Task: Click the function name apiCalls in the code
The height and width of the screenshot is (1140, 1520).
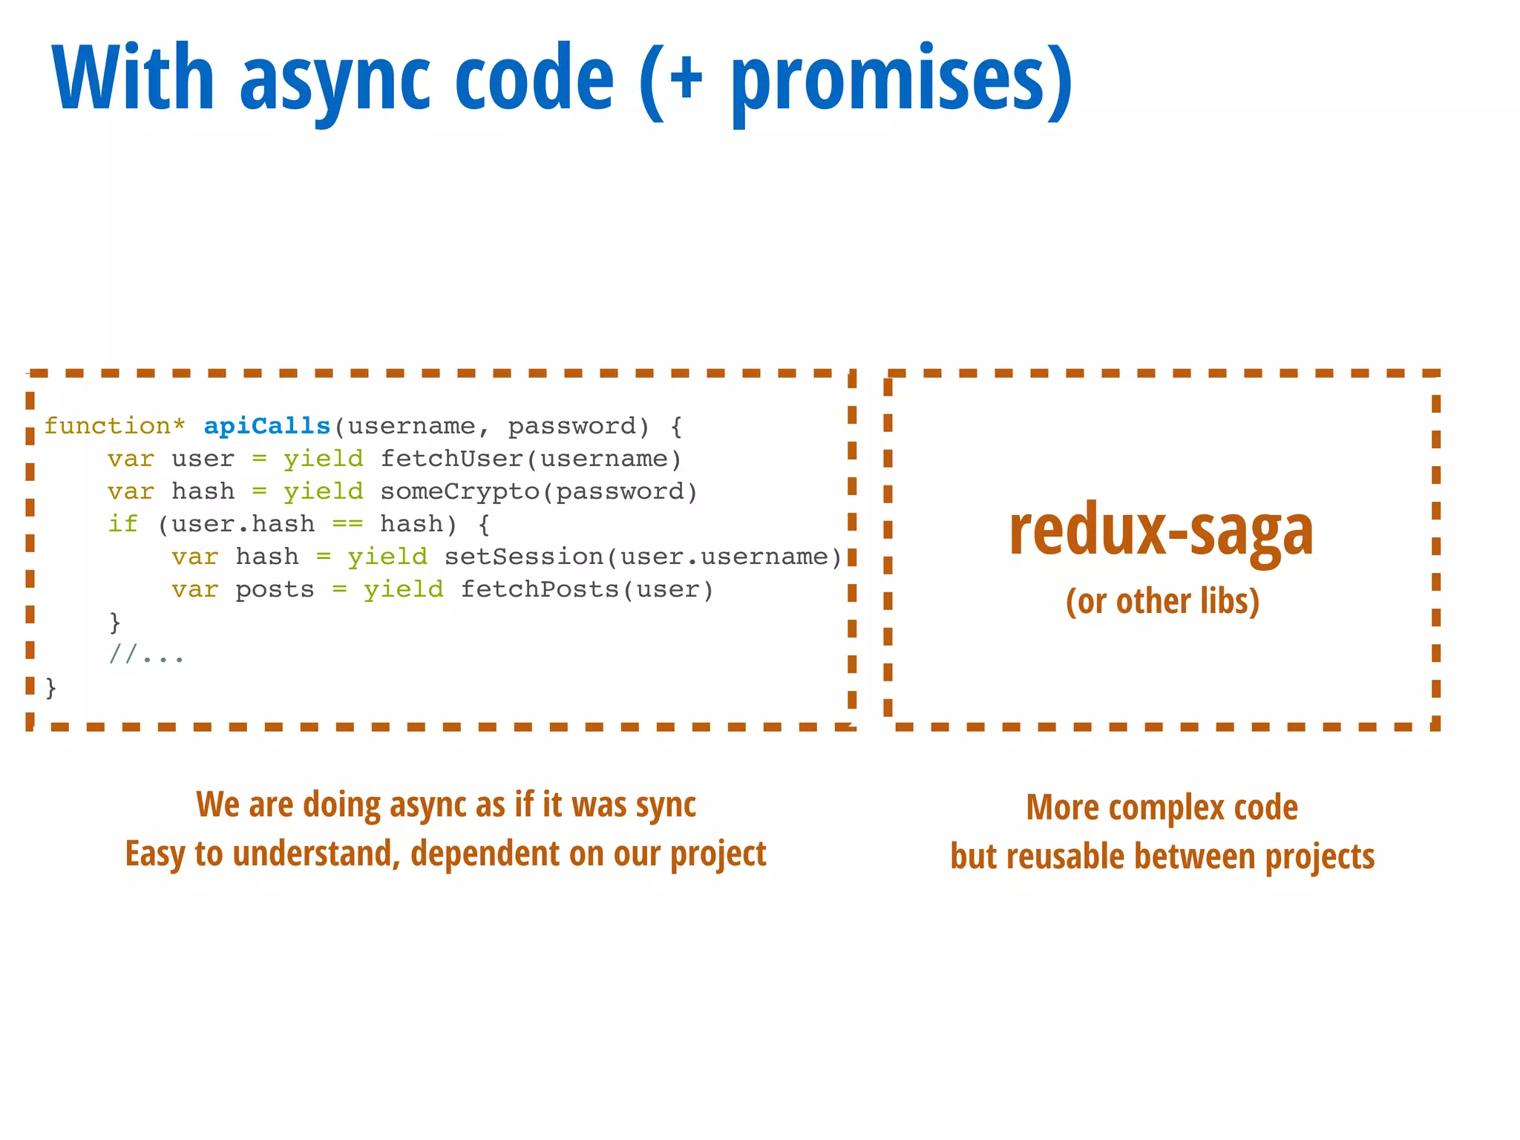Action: click(x=266, y=426)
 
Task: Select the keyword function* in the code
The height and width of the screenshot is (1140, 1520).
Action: click(x=114, y=426)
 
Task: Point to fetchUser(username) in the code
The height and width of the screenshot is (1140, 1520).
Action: click(x=531, y=459)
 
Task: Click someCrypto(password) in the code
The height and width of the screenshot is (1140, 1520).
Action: click(x=539, y=491)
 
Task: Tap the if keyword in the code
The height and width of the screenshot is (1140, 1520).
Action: click(x=122, y=524)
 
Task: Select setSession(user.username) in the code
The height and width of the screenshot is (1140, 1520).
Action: click(x=643, y=557)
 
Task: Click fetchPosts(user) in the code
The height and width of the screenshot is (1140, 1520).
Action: click(x=586, y=589)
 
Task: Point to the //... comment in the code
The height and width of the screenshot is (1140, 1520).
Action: click(x=146, y=655)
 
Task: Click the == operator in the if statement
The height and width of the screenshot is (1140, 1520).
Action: click(x=347, y=524)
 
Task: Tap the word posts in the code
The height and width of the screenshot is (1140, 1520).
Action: click(x=275, y=589)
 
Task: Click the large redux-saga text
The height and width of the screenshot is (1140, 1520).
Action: click(x=1161, y=530)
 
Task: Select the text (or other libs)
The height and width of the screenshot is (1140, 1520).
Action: click(x=1162, y=601)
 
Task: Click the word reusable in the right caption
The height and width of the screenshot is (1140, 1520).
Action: click(x=1066, y=857)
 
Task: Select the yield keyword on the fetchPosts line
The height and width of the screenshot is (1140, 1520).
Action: click(x=403, y=589)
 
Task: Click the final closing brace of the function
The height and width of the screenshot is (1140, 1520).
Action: click(x=50, y=688)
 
